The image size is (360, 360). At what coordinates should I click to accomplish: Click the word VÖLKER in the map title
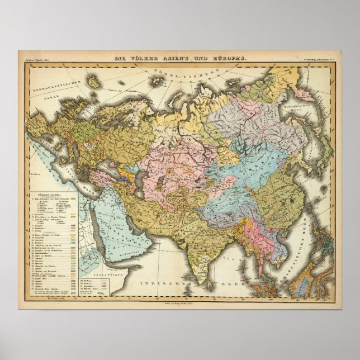click(146, 59)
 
